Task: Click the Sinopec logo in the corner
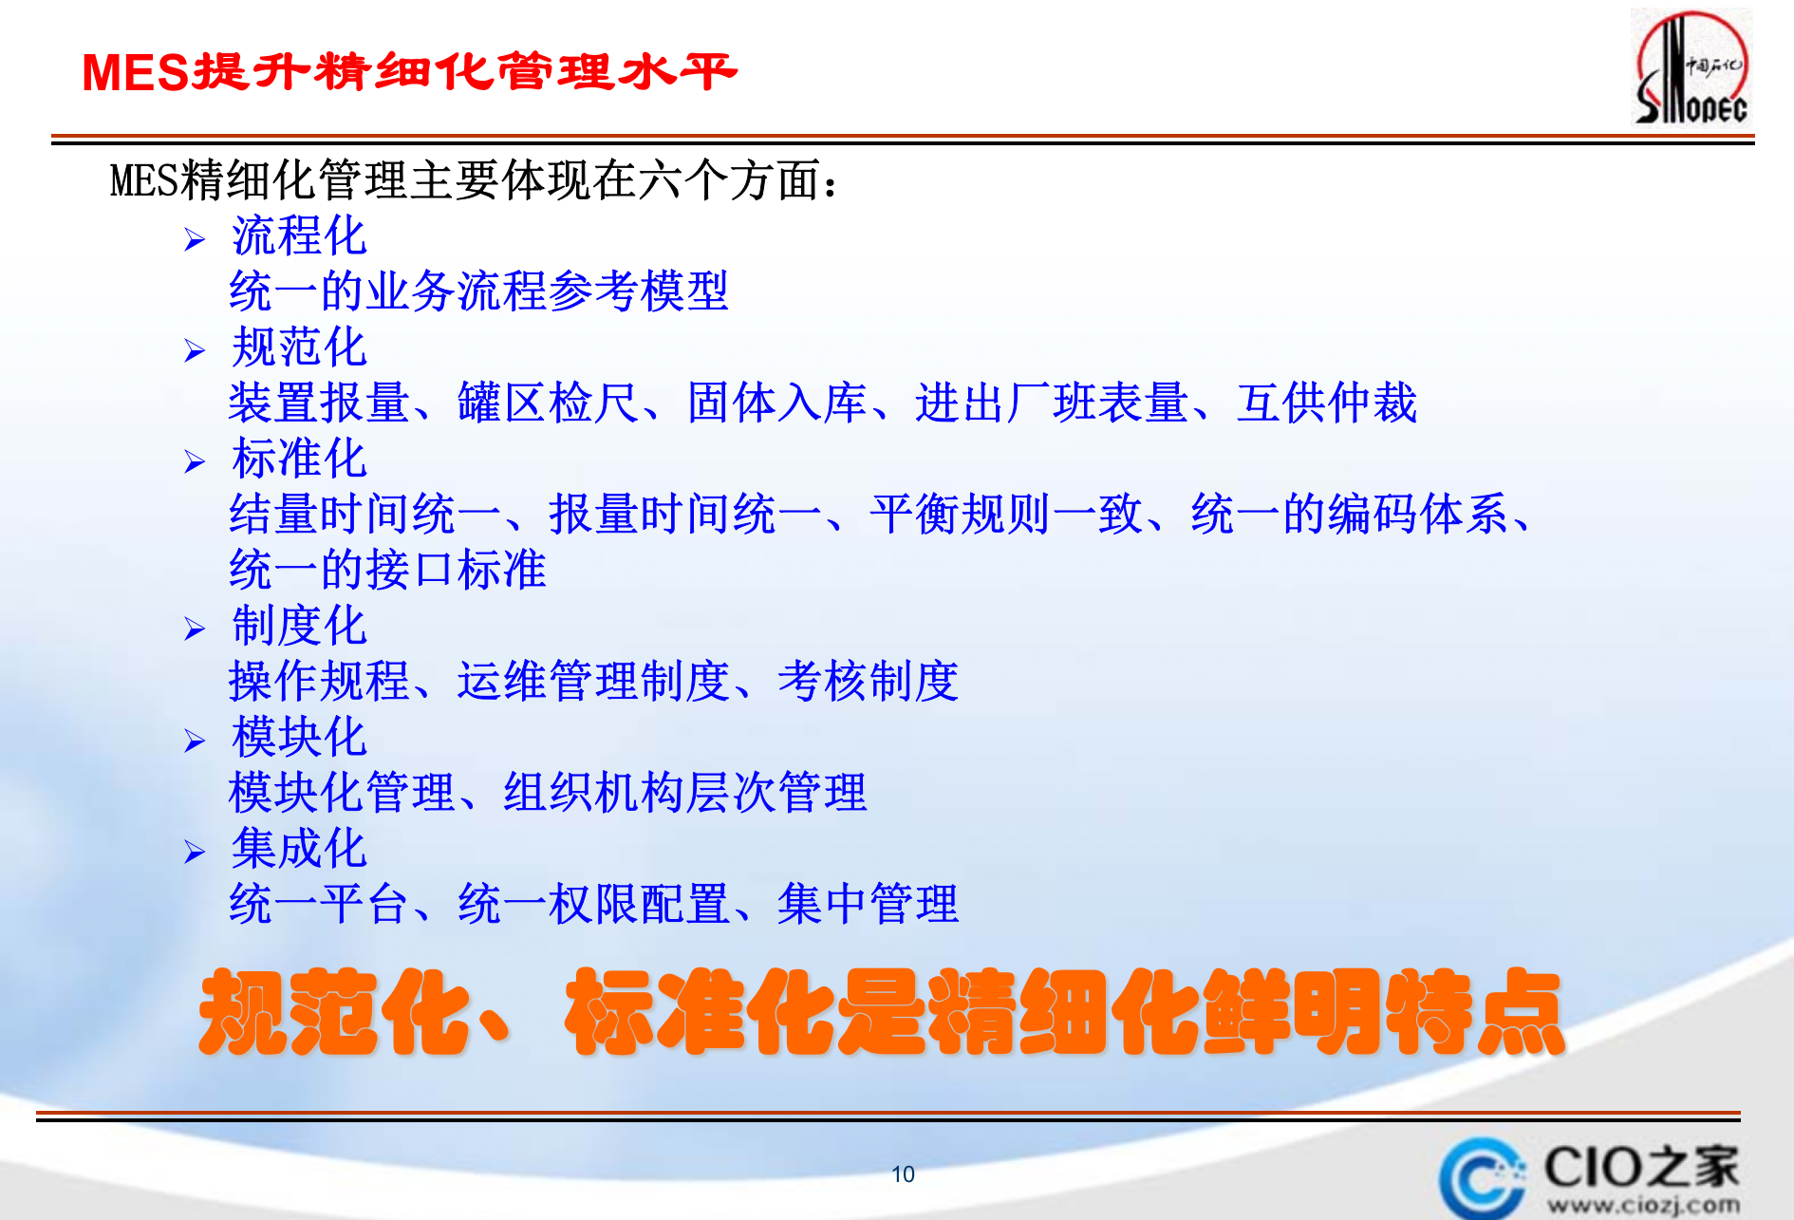1691,68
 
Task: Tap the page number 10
903,1174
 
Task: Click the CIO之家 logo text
1640,1167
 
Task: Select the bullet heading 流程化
299,235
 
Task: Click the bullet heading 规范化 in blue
299,347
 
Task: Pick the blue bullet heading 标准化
299,459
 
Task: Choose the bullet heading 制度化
299,626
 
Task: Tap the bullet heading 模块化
299,737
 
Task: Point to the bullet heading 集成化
299,848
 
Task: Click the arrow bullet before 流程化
195,239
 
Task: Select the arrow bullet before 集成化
195,852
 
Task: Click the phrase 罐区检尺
548,403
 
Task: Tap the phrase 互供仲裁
1326,403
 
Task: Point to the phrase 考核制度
868,682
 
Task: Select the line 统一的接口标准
387,570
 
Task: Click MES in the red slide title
137,73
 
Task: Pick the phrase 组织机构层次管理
684,793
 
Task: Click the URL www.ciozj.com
1644,1206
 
